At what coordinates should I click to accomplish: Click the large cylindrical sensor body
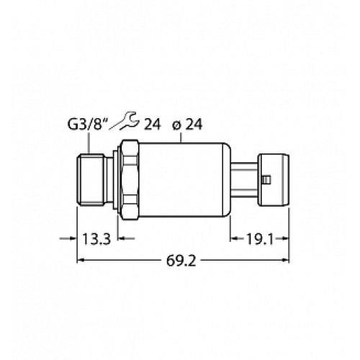click(184, 179)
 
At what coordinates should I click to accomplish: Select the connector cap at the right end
click(273, 179)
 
